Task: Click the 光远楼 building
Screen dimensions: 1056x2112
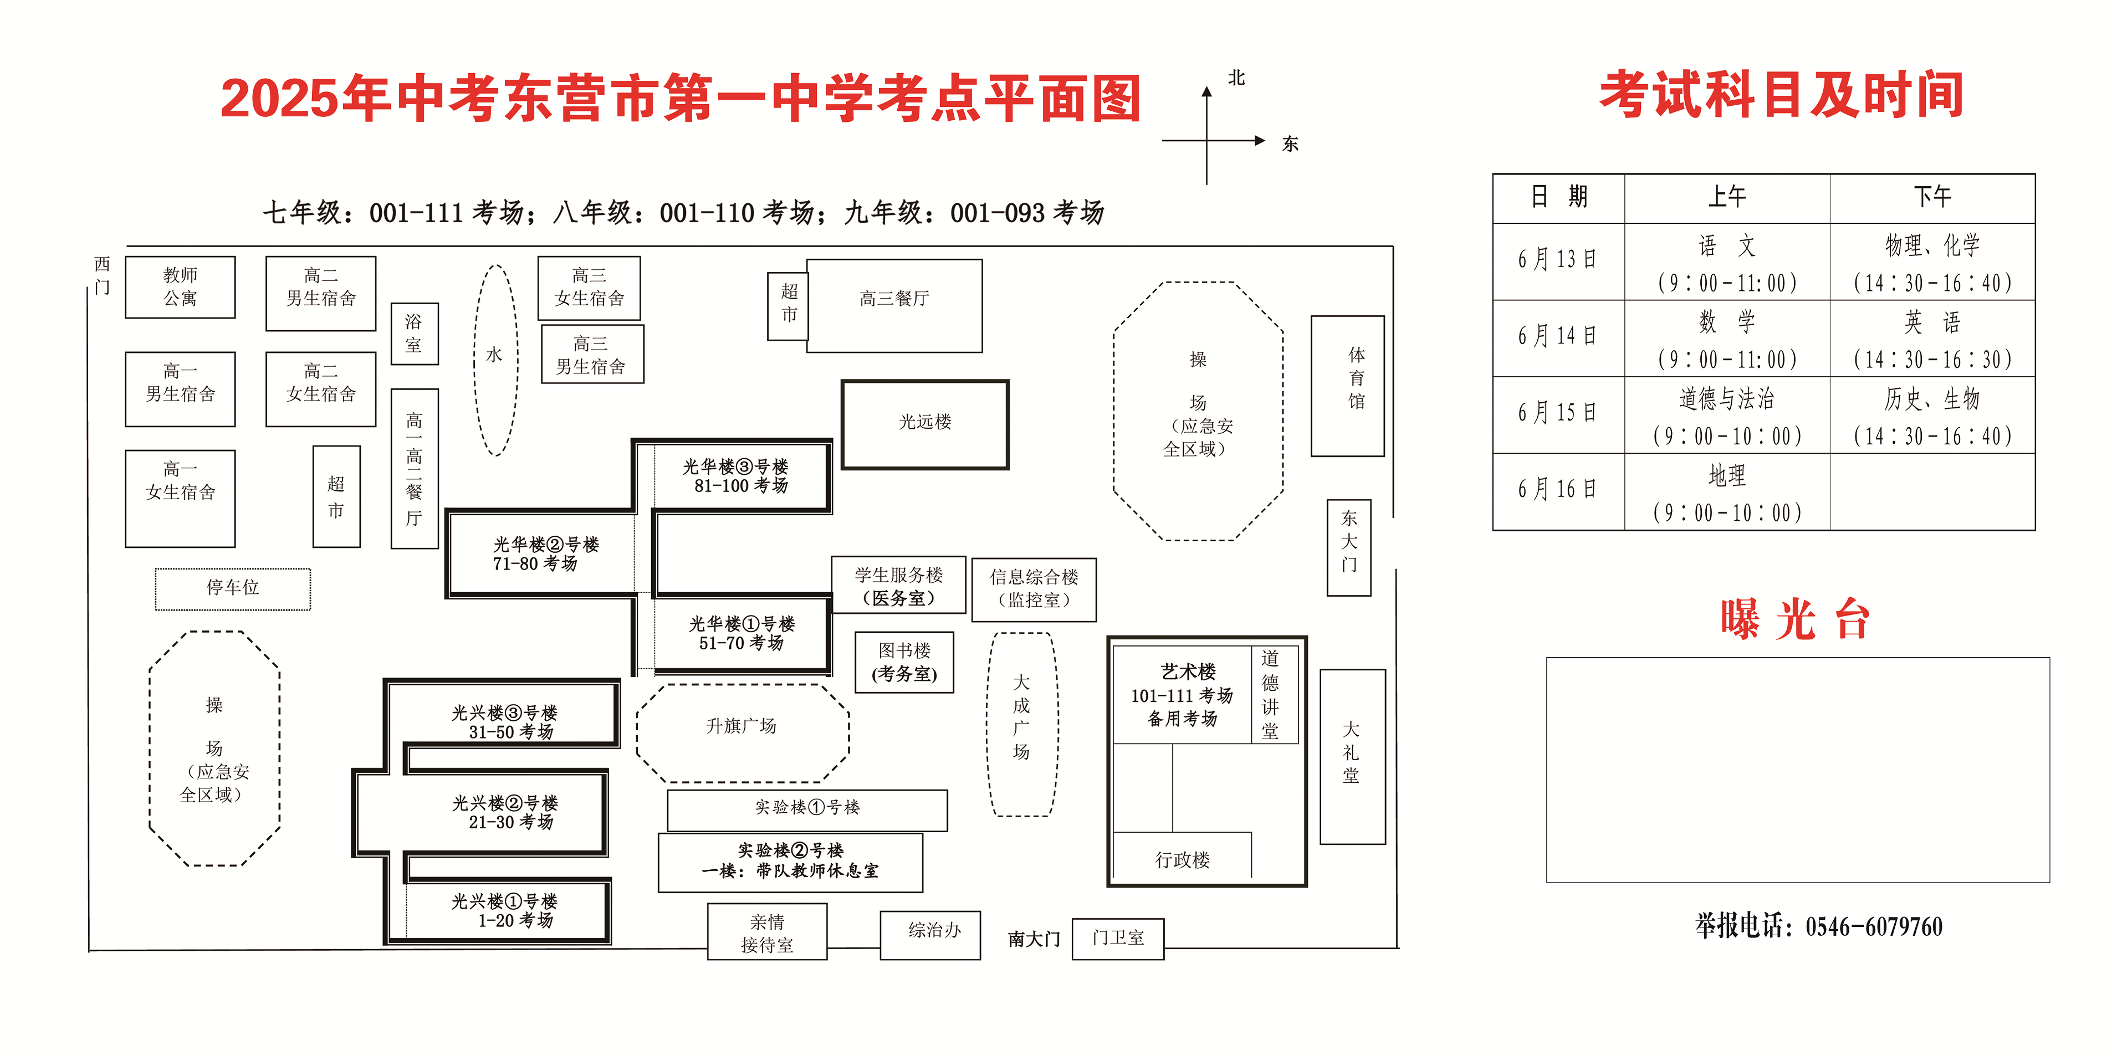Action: pyautogui.click(x=925, y=424)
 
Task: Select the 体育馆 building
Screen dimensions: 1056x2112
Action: pyautogui.click(x=1347, y=386)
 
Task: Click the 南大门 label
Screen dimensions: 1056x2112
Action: pyautogui.click(x=1034, y=939)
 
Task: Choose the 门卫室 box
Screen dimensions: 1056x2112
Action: pyautogui.click(x=1117, y=939)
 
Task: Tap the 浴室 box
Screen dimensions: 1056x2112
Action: pyautogui.click(x=414, y=334)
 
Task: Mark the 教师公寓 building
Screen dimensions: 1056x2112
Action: pyautogui.click(x=180, y=287)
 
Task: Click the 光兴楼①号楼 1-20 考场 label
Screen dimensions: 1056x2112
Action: pyautogui.click(x=505, y=911)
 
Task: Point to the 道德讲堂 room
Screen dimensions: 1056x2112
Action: pyautogui.click(x=1270, y=694)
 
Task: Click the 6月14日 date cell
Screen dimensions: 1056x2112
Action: pyautogui.click(x=1558, y=337)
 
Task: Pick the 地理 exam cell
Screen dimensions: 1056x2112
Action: pyautogui.click(x=1727, y=492)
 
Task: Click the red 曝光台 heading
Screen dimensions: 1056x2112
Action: pyautogui.click(x=1796, y=620)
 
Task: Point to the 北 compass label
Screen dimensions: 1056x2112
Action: pyautogui.click(x=1236, y=78)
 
